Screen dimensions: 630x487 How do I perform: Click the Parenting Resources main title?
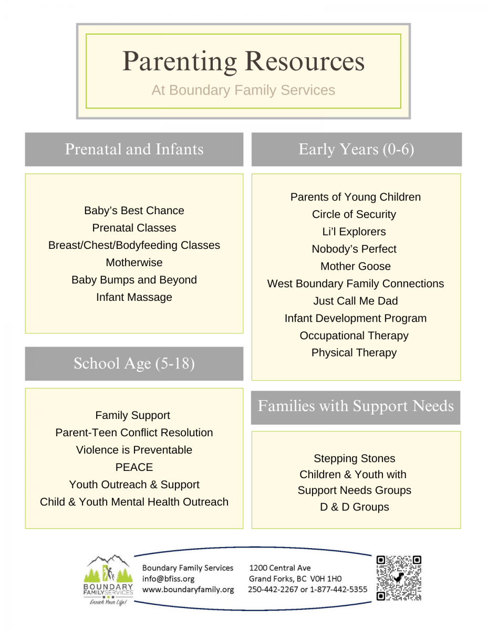243,62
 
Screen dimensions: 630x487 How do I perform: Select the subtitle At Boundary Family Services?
243,90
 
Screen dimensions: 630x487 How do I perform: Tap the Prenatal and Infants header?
134,150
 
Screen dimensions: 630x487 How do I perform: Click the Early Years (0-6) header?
356,150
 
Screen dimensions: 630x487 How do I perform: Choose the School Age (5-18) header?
134,364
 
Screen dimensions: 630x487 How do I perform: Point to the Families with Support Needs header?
356,407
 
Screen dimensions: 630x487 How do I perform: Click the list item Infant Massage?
134,297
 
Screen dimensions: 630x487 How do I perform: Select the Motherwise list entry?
134,262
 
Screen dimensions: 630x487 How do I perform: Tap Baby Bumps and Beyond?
134,280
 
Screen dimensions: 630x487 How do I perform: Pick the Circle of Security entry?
354,214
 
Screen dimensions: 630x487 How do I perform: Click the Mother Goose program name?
355,266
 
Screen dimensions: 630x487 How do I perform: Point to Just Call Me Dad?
355,301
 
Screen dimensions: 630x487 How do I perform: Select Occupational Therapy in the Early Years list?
354,335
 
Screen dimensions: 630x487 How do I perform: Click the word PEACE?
134,467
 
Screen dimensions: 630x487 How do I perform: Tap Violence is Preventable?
134,450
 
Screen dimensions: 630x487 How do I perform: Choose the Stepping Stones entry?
354,458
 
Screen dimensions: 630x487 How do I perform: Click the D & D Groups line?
355,507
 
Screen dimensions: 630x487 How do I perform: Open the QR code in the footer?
399,578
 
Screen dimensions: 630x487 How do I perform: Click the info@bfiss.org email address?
168,579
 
